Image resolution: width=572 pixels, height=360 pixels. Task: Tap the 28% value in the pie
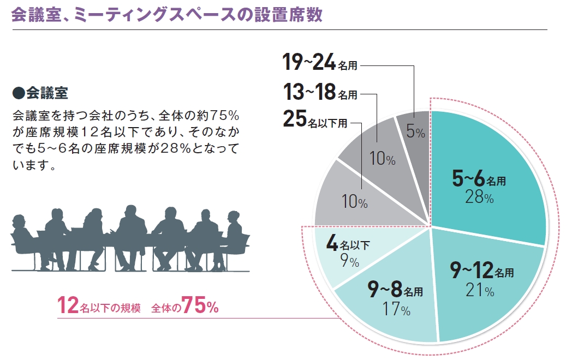coord(479,197)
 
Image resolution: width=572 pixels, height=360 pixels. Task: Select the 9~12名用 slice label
coord(480,271)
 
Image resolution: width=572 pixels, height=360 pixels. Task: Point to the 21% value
coord(480,291)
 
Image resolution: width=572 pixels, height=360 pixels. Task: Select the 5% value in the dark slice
coord(416,132)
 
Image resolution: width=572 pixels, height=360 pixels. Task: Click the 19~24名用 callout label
coord(320,64)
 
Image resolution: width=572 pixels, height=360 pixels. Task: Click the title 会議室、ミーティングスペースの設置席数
coord(166,15)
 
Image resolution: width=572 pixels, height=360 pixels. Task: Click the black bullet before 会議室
coord(18,93)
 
